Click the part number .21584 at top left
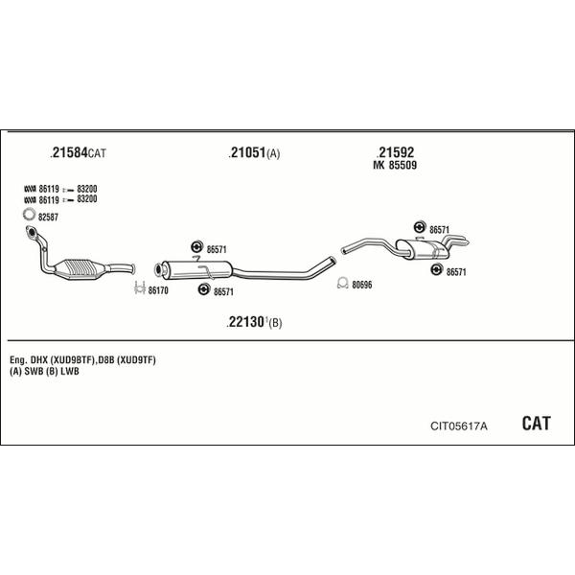[x=69, y=152]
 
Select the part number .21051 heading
[x=247, y=152]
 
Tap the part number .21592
[x=395, y=151]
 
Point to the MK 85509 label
[x=395, y=165]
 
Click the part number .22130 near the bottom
[x=245, y=322]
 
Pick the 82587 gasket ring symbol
[x=29, y=214]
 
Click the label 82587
[x=49, y=218]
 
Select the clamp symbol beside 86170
[x=140, y=287]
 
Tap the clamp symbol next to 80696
[x=342, y=283]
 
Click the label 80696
[x=362, y=285]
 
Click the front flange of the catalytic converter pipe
[x=31, y=232]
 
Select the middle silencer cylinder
[x=196, y=270]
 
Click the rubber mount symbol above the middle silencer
[x=196, y=247]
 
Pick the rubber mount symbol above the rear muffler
[x=420, y=227]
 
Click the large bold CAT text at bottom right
[x=536, y=424]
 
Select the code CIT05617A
[x=459, y=426]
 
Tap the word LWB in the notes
[x=70, y=371]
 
